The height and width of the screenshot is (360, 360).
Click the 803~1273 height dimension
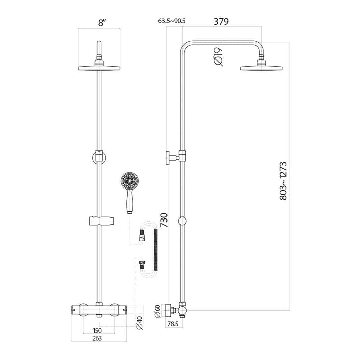pyautogui.click(x=283, y=181)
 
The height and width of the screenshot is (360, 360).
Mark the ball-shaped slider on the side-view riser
pyautogui.click(x=182, y=221)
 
